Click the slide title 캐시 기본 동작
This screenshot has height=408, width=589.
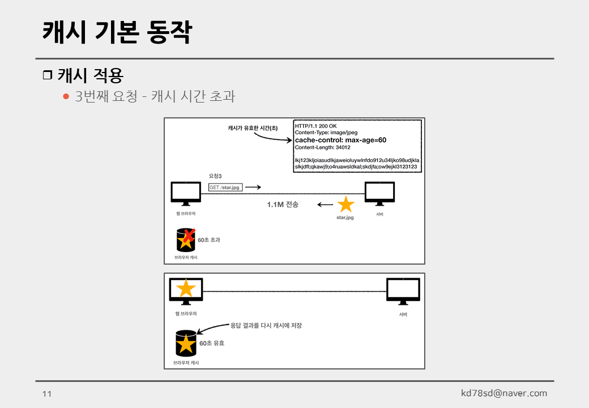click(117, 32)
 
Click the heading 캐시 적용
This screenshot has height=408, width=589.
click(90, 75)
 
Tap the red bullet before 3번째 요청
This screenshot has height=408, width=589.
click(66, 96)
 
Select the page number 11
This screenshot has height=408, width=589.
click(47, 394)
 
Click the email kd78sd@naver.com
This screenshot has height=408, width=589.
click(504, 393)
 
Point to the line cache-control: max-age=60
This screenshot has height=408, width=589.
click(340, 140)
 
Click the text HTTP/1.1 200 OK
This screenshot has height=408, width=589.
click(316, 125)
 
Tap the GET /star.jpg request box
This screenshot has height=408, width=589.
click(225, 188)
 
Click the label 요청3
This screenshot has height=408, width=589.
click(215, 176)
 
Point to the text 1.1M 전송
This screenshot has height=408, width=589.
click(283, 204)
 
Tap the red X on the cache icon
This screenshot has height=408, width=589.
click(190, 235)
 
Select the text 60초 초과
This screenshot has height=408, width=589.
click(209, 240)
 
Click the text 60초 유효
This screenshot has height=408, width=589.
click(212, 343)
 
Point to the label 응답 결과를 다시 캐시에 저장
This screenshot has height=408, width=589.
click(266, 325)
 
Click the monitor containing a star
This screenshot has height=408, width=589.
click(186, 290)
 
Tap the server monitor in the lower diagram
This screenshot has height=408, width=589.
click(403, 290)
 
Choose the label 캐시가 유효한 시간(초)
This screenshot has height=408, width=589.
click(253, 129)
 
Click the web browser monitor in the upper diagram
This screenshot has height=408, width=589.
click(186, 193)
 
